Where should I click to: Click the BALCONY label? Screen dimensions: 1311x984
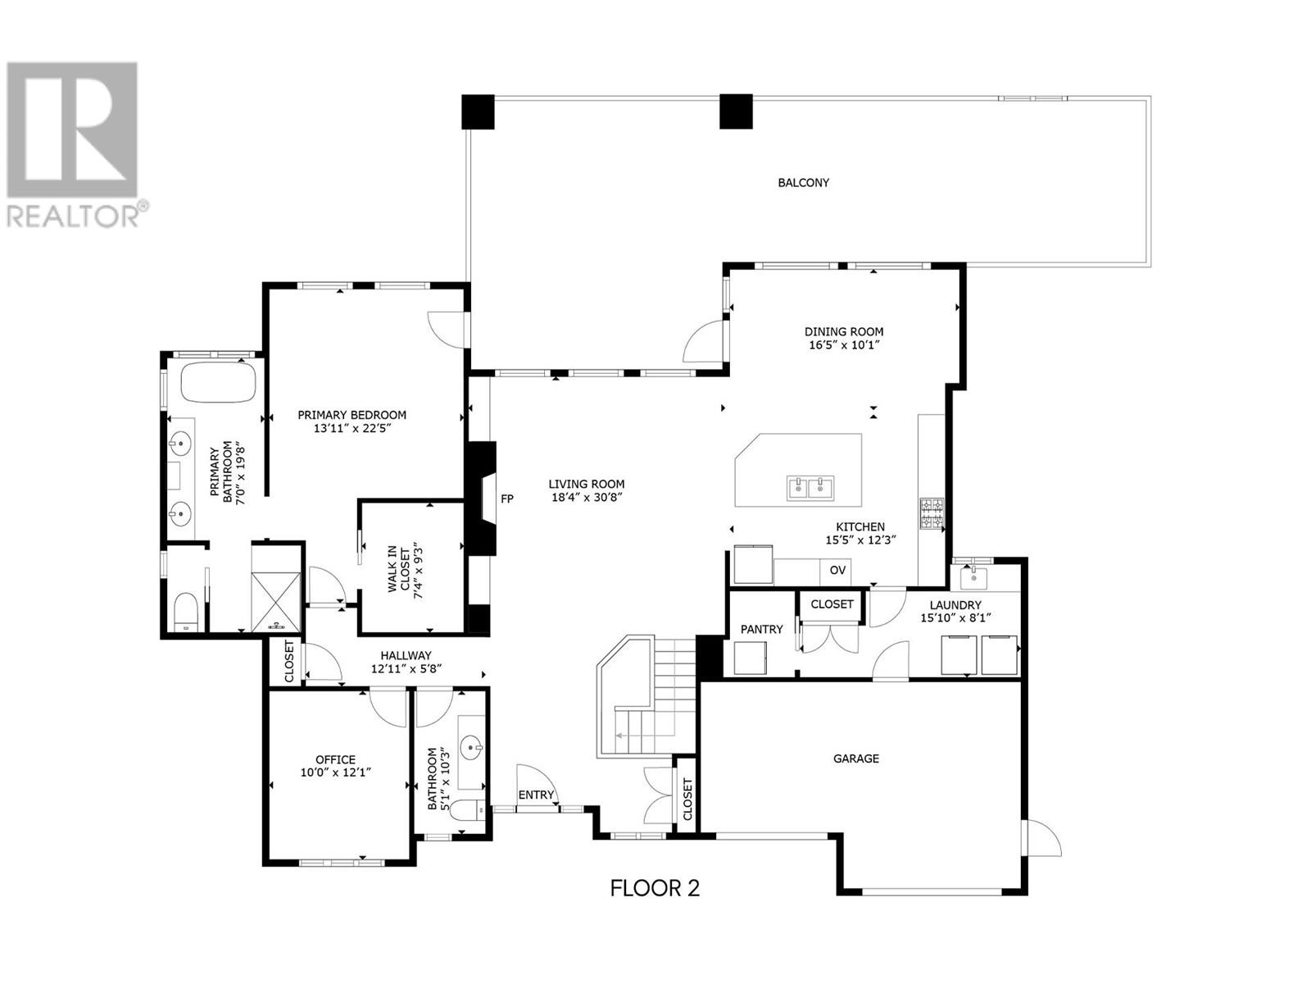click(803, 183)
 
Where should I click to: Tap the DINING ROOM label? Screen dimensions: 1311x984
click(843, 331)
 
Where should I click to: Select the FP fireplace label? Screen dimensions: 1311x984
click(506, 499)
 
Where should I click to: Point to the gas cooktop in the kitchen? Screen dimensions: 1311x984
click(932, 514)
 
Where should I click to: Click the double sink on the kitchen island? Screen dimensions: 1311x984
click(810, 488)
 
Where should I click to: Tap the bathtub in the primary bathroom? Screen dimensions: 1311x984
click(218, 380)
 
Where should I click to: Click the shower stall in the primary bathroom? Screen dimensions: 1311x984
click(276, 601)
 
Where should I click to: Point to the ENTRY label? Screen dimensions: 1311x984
click(536, 795)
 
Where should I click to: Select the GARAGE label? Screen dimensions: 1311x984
click(856, 758)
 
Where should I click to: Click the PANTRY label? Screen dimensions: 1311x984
click(761, 629)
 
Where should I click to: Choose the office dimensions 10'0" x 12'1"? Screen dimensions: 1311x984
click(336, 772)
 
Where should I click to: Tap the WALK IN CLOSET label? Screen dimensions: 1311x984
click(405, 573)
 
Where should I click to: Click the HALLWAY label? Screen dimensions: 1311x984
click(406, 655)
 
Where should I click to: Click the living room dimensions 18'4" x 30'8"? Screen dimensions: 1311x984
click(587, 498)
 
